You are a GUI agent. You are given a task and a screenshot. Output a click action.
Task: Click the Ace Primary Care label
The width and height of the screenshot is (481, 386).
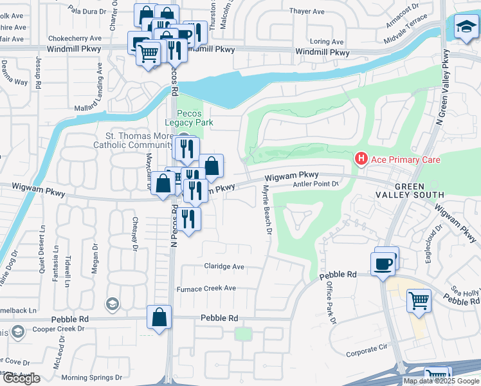404,159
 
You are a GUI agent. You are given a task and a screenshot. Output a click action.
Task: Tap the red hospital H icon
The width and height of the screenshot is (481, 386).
361,158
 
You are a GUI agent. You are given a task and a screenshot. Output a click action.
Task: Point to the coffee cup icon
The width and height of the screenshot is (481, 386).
383,263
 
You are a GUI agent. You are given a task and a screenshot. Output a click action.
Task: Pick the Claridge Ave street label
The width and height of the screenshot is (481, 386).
224,266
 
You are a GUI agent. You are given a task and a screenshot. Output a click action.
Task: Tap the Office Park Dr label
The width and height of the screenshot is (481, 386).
328,298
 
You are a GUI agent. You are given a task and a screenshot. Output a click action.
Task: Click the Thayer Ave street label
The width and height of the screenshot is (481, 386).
307,12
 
